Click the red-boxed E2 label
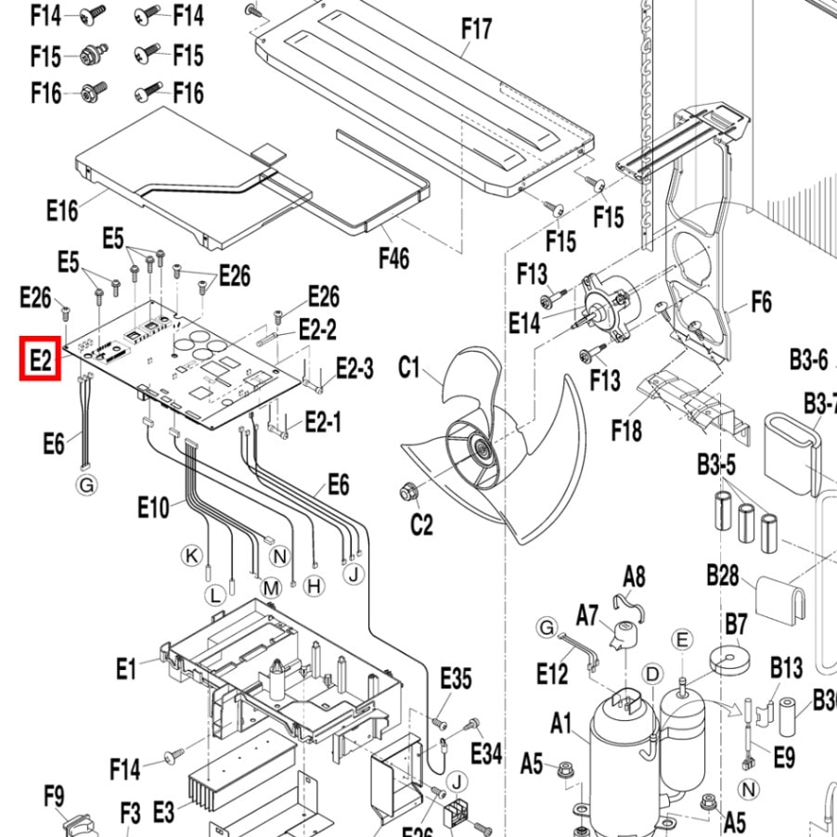pyautogui.click(x=40, y=360)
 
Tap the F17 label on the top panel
pyautogui.click(x=476, y=30)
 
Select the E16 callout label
pyautogui.click(x=62, y=211)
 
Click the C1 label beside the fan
pyautogui.click(x=409, y=368)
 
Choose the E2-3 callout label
pyautogui.click(x=354, y=368)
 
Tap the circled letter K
pyautogui.click(x=191, y=556)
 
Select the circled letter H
pyautogui.click(x=314, y=586)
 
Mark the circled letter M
pyautogui.click(x=270, y=587)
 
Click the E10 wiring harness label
pyautogui.click(x=154, y=508)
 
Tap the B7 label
pyautogui.click(x=736, y=623)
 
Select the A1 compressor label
pyautogui.click(x=561, y=723)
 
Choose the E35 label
pyautogui.click(x=456, y=677)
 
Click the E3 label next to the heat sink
pyautogui.click(x=163, y=813)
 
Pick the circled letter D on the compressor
pyautogui.click(x=652, y=673)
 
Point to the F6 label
pyautogui.click(x=761, y=303)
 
